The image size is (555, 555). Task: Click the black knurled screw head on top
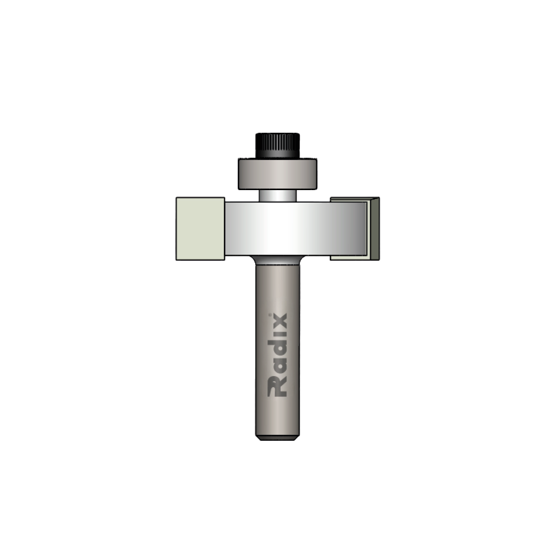[x=277, y=145]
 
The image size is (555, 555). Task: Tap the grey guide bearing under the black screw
[x=277, y=174]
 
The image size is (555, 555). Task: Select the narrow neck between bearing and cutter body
[x=277, y=196]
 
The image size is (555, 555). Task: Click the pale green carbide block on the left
[x=200, y=228]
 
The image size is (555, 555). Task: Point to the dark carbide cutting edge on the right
[x=375, y=228]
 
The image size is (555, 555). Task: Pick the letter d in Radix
[x=277, y=348]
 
